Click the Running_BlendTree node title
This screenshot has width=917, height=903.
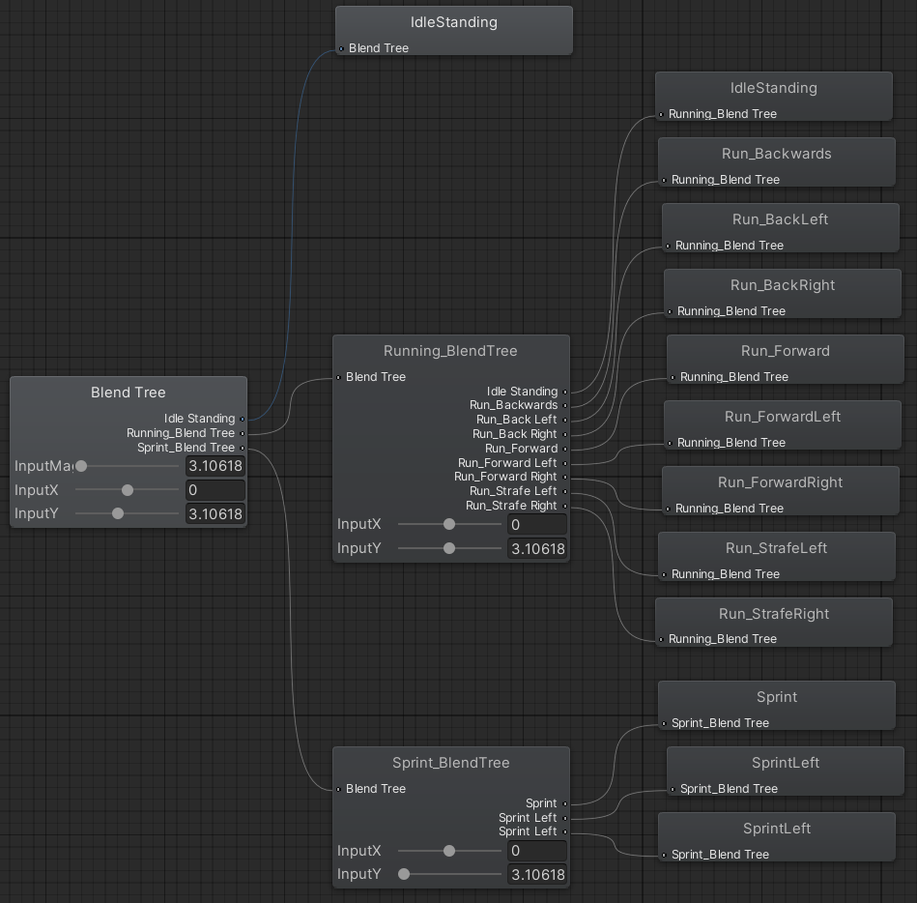(x=450, y=351)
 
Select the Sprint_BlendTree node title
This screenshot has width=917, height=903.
(x=450, y=763)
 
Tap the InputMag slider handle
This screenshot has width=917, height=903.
(x=81, y=466)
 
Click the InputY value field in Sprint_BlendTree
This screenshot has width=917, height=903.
(x=536, y=875)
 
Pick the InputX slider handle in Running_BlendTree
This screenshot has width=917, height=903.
(x=449, y=524)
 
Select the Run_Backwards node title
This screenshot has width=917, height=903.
(x=776, y=154)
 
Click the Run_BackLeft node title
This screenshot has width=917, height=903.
(x=780, y=219)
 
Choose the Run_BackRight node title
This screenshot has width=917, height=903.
(x=782, y=285)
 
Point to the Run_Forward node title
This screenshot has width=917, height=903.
(x=785, y=351)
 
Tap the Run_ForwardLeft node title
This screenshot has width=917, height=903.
(x=782, y=417)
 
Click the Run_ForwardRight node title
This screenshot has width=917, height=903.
(x=780, y=482)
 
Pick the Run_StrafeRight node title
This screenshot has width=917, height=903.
(x=774, y=614)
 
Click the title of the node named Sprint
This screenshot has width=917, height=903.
(x=777, y=697)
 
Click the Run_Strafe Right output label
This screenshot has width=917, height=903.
(x=511, y=506)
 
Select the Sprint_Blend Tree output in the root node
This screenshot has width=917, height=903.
(x=186, y=448)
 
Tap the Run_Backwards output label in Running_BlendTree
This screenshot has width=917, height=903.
(x=513, y=405)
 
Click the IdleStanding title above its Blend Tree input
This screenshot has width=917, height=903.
(x=454, y=22)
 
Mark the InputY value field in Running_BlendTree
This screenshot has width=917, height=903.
(x=536, y=549)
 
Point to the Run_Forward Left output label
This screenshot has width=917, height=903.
(x=506, y=463)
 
